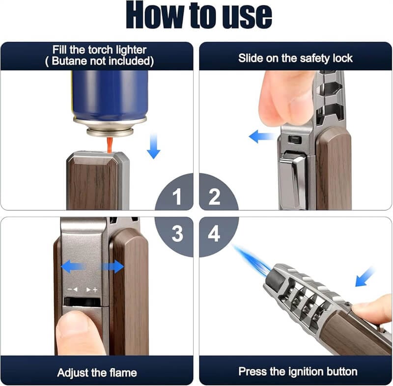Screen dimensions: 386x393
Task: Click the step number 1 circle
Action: pyautogui.click(x=177, y=198)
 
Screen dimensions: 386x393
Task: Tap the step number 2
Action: pyautogui.click(x=214, y=198)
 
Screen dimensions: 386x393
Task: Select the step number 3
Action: pyautogui.click(x=177, y=234)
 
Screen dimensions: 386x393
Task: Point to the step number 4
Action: pyautogui.click(x=214, y=234)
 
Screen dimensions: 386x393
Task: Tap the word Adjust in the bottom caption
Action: pyautogui.click(x=74, y=372)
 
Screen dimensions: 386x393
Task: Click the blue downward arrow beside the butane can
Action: pyautogui.click(x=153, y=146)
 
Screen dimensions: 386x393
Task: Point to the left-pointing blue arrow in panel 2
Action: pyautogui.click(x=261, y=136)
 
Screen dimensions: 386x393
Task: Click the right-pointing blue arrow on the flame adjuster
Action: pyautogui.click(x=113, y=267)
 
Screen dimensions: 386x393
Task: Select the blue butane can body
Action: pyautogui.click(x=110, y=93)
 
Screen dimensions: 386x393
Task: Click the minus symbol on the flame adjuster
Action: pyautogui.click(x=71, y=290)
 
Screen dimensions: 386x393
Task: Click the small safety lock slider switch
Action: pyautogui.click(x=295, y=140)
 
